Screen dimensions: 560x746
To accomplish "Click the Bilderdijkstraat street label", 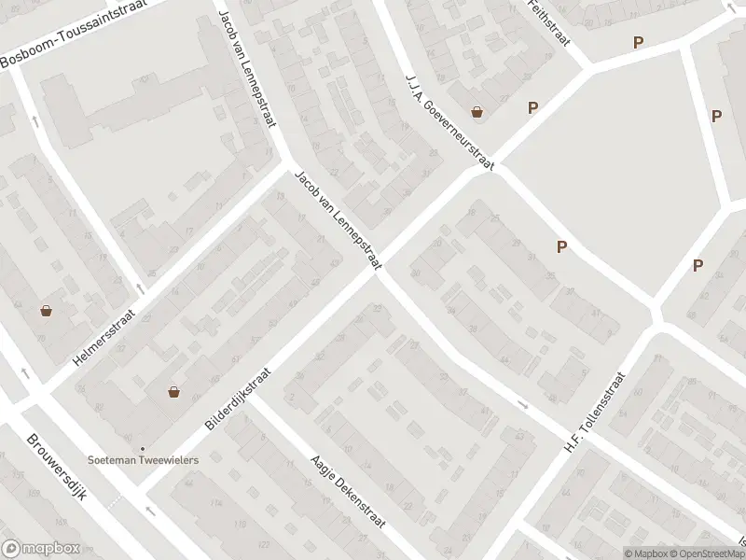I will pyautogui.click(x=240, y=397).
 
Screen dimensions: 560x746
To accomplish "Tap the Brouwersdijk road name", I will pyautogui.click(x=57, y=467).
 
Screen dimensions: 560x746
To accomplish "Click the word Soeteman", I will pyautogui.click(x=116, y=458).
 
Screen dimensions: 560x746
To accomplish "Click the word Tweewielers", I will pyautogui.click(x=172, y=458).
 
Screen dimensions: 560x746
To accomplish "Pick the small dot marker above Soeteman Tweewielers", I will pyautogui.click(x=143, y=449).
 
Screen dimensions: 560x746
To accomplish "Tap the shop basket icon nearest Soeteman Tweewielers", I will pyautogui.click(x=174, y=392).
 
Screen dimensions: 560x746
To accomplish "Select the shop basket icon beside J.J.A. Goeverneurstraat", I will pyautogui.click(x=477, y=112).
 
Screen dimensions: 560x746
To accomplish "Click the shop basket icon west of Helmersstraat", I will pyautogui.click(x=47, y=310).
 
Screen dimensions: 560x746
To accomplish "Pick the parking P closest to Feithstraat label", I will pyautogui.click(x=638, y=42).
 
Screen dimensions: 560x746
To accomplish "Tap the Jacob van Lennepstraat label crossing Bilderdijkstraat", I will pyautogui.click(x=338, y=221).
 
